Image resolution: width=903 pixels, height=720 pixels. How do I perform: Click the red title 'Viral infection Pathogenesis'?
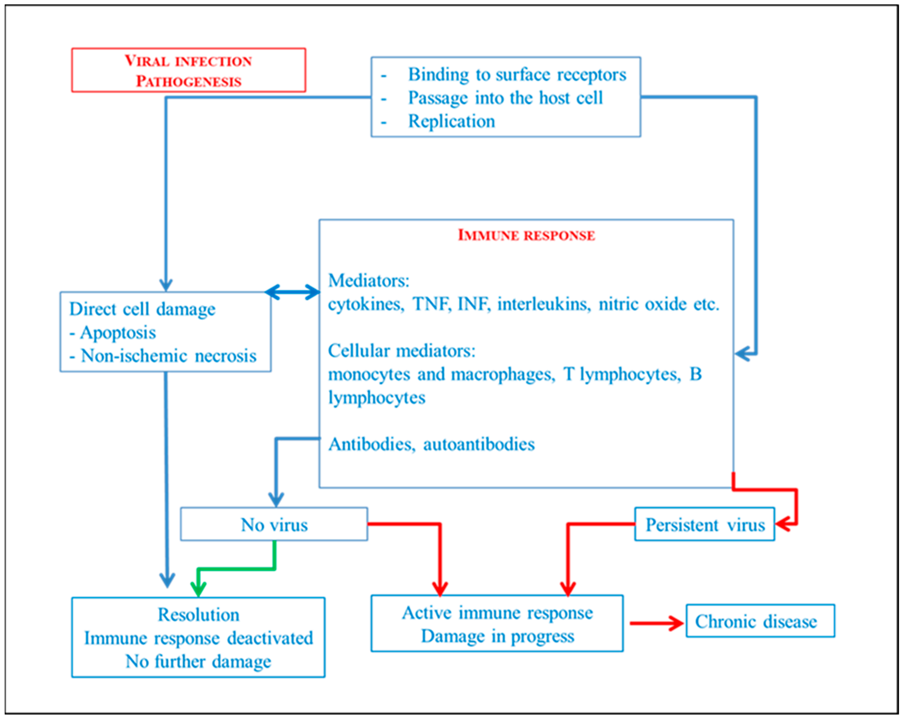coord(189,70)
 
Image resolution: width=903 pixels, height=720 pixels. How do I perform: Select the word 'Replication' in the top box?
coord(451,121)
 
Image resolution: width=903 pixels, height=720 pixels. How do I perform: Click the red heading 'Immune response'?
coord(526,235)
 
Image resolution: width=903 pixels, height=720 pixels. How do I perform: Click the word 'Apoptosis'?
coord(118,333)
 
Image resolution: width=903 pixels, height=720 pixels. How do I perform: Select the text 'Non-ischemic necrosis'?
coord(168,356)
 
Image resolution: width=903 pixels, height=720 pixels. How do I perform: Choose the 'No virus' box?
coord(274,524)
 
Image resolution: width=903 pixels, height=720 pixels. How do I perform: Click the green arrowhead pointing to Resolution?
coord(198,588)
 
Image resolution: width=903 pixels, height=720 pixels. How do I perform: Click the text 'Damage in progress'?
coord(497,636)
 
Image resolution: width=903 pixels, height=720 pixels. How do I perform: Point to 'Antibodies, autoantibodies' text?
coord(431,444)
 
